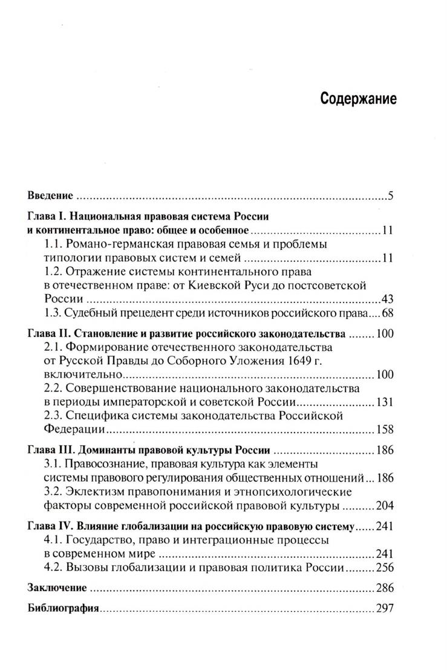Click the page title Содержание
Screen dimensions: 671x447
pos(359,99)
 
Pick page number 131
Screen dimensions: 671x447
pos(385,402)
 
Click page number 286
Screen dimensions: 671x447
pos(385,588)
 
